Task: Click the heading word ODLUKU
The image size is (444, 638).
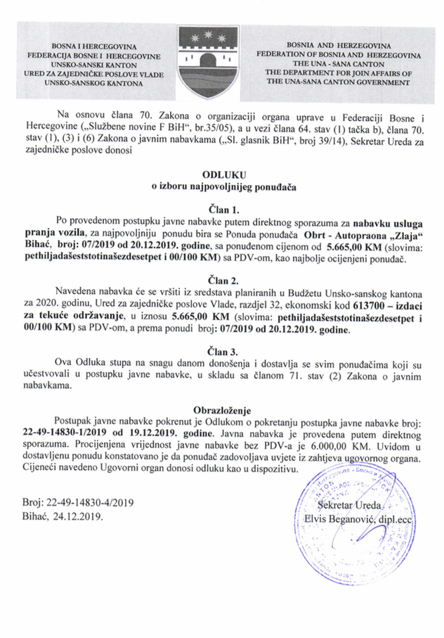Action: pyautogui.click(x=221, y=174)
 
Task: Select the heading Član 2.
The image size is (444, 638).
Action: pyautogui.click(x=222, y=281)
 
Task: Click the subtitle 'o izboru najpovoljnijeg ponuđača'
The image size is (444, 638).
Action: pyautogui.click(x=221, y=186)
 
